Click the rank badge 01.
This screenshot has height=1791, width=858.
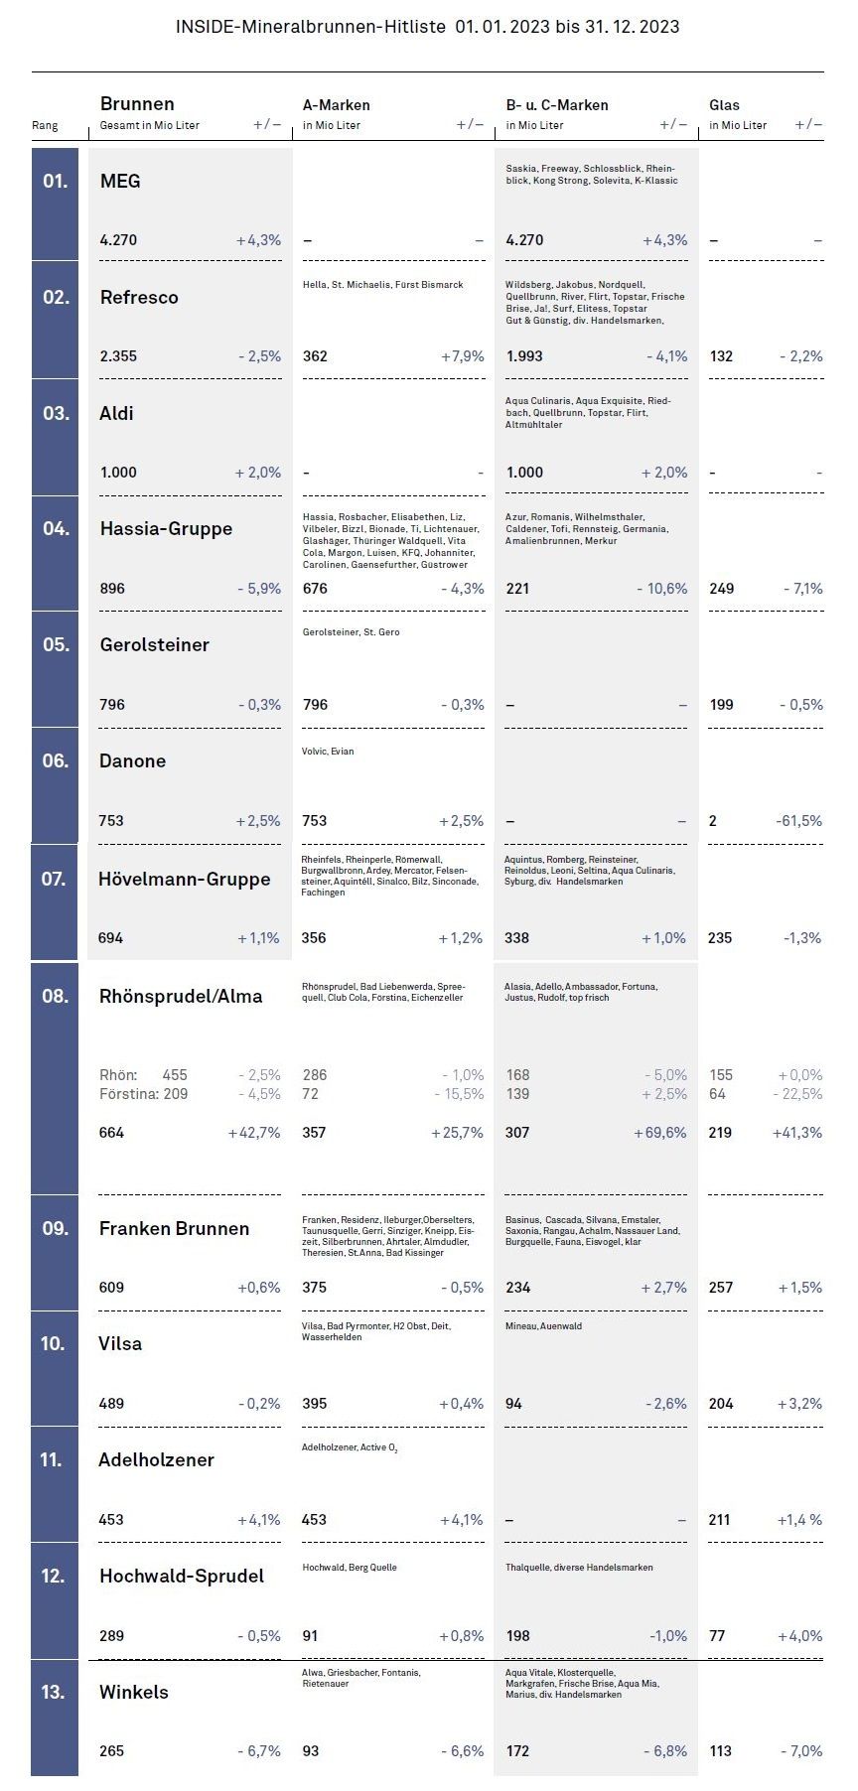pyautogui.click(x=55, y=181)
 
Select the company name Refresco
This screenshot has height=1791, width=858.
pyautogui.click(x=139, y=297)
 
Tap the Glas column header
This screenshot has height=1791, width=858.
pyautogui.click(x=724, y=104)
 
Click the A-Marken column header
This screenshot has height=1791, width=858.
pyautogui.click(x=336, y=104)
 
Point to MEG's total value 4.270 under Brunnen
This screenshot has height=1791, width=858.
pyautogui.click(x=118, y=240)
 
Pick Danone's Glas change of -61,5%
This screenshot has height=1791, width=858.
pyautogui.click(x=798, y=821)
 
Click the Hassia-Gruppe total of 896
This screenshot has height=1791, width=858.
pyautogui.click(x=112, y=589)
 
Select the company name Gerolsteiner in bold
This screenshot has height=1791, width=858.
pyautogui.click(x=154, y=645)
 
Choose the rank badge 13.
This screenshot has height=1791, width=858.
pyautogui.click(x=54, y=1692)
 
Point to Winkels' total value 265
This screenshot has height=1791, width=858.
pyautogui.click(x=111, y=1751)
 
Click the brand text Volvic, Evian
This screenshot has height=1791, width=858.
pyautogui.click(x=328, y=752)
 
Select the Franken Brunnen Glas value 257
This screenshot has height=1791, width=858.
pyautogui.click(x=721, y=1288)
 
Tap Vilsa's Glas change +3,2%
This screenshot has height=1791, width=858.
pyautogui.click(x=799, y=1404)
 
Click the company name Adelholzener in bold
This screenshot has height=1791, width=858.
pyautogui.click(x=156, y=1459)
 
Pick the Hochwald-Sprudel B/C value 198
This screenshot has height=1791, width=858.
pyautogui.click(x=518, y=1636)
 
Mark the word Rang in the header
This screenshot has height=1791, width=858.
pyautogui.click(x=45, y=126)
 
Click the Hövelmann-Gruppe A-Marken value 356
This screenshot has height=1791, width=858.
pyautogui.click(x=314, y=938)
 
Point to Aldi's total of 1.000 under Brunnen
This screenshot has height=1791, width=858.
pyautogui.click(x=118, y=473)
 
